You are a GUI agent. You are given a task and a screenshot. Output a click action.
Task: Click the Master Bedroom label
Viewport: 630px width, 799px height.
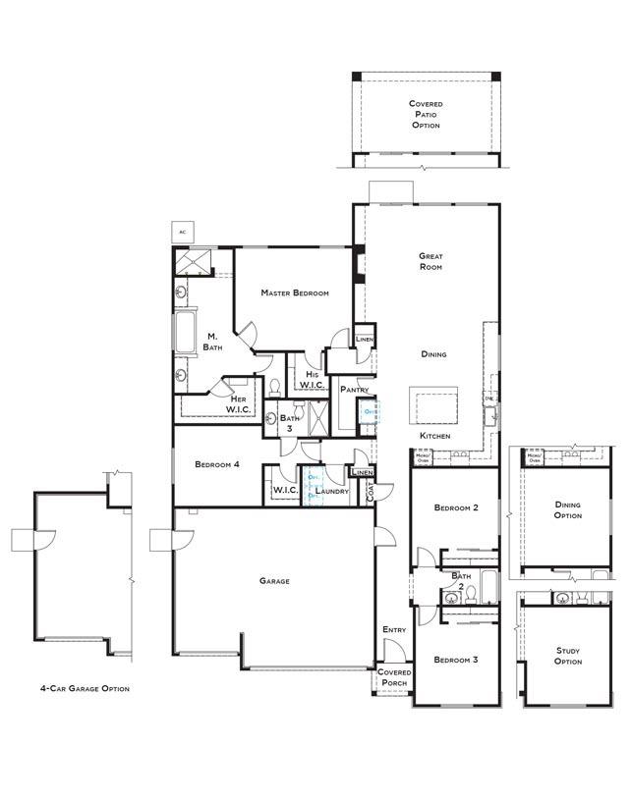click(294, 293)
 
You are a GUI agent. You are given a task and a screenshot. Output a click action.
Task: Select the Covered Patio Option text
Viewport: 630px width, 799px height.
click(426, 114)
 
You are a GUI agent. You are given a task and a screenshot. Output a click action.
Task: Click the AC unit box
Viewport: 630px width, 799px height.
click(182, 232)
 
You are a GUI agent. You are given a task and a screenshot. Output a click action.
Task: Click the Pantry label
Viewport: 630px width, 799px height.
click(354, 390)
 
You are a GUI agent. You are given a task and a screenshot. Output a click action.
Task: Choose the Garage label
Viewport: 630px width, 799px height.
click(274, 581)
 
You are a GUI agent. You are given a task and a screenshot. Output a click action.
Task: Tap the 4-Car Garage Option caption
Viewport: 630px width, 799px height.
click(85, 688)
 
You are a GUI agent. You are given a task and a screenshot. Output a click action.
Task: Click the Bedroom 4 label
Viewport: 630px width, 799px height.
click(216, 464)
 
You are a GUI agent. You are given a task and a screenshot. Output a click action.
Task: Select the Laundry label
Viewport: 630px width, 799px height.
click(331, 491)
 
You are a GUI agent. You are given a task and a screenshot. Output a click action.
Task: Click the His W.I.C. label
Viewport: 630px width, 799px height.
click(312, 379)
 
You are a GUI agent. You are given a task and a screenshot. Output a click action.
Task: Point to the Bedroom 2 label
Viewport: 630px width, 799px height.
click(455, 507)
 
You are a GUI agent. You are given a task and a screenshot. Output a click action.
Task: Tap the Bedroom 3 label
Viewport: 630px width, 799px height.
click(455, 660)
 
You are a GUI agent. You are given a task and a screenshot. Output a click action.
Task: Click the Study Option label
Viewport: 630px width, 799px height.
click(568, 656)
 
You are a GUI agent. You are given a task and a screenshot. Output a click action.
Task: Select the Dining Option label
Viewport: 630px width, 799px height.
click(568, 509)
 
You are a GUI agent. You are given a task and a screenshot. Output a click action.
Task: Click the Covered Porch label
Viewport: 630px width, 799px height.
click(395, 678)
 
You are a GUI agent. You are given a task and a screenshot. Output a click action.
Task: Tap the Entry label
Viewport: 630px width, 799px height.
click(394, 629)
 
